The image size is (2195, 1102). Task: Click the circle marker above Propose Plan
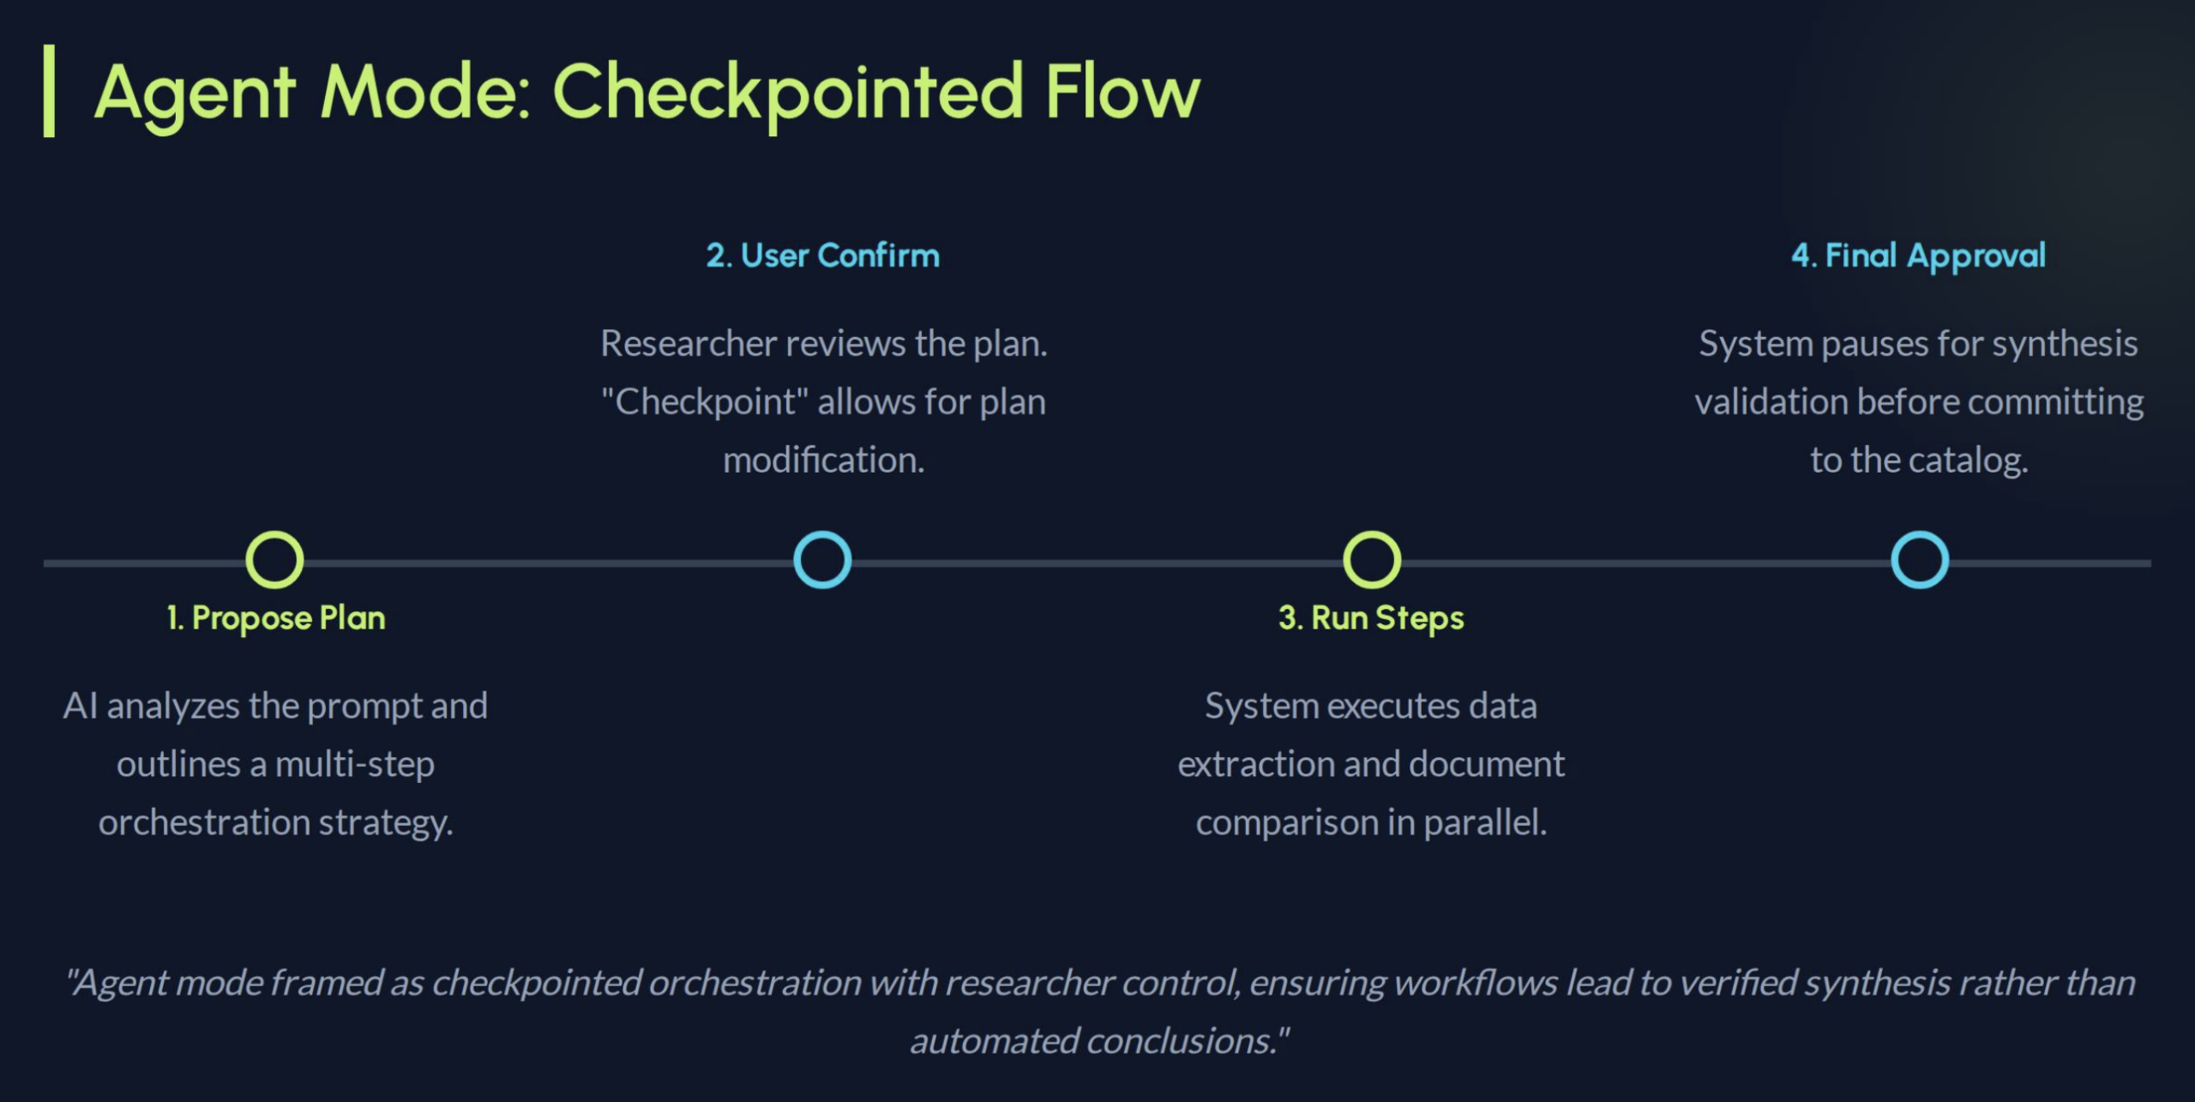pos(274,560)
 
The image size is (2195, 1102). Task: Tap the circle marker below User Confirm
pos(822,560)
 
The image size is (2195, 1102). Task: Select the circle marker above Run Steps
pos(1372,560)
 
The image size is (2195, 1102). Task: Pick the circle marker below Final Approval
pos(1920,560)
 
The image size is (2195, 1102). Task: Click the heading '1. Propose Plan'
pos(276,618)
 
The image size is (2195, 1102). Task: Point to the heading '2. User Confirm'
pos(822,256)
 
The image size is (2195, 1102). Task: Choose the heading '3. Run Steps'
pos(1371,618)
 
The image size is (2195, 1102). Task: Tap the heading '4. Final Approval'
pos(1918,256)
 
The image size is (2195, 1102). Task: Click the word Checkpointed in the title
pos(788,93)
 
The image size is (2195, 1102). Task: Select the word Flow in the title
pos(1122,93)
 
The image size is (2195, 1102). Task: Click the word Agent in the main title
pos(195,93)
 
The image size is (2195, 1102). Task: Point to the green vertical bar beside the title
pos(50,91)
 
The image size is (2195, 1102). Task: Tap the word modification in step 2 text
pos(823,460)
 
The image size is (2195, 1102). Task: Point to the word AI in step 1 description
pos(80,706)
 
